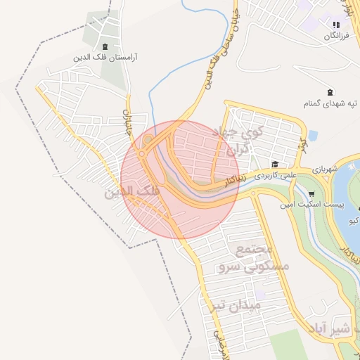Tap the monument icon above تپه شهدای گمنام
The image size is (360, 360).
coord(330,92)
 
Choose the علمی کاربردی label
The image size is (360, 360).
coord(276,173)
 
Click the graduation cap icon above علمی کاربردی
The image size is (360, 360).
coord(274,164)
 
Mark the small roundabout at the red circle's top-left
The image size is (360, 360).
coord(147,141)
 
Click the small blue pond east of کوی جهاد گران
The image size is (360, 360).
coord(313,135)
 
